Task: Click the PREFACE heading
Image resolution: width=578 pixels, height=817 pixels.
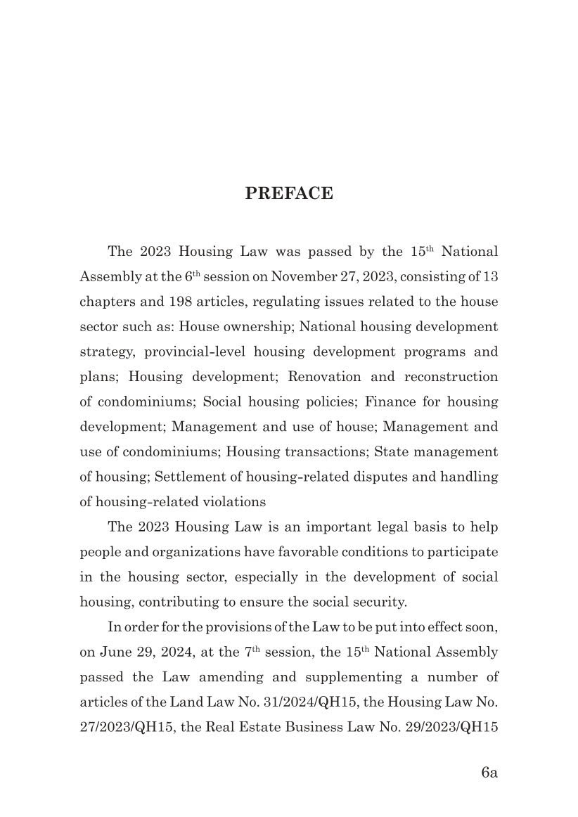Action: [288, 194]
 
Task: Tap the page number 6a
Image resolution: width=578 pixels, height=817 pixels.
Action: [489, 773]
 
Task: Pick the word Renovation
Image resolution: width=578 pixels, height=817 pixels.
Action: [330, 377]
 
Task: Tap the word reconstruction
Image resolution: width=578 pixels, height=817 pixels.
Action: [451, 377]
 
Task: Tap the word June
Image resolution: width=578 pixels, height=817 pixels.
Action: [113, 652]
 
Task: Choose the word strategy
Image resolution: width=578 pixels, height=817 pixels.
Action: [106, 352]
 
